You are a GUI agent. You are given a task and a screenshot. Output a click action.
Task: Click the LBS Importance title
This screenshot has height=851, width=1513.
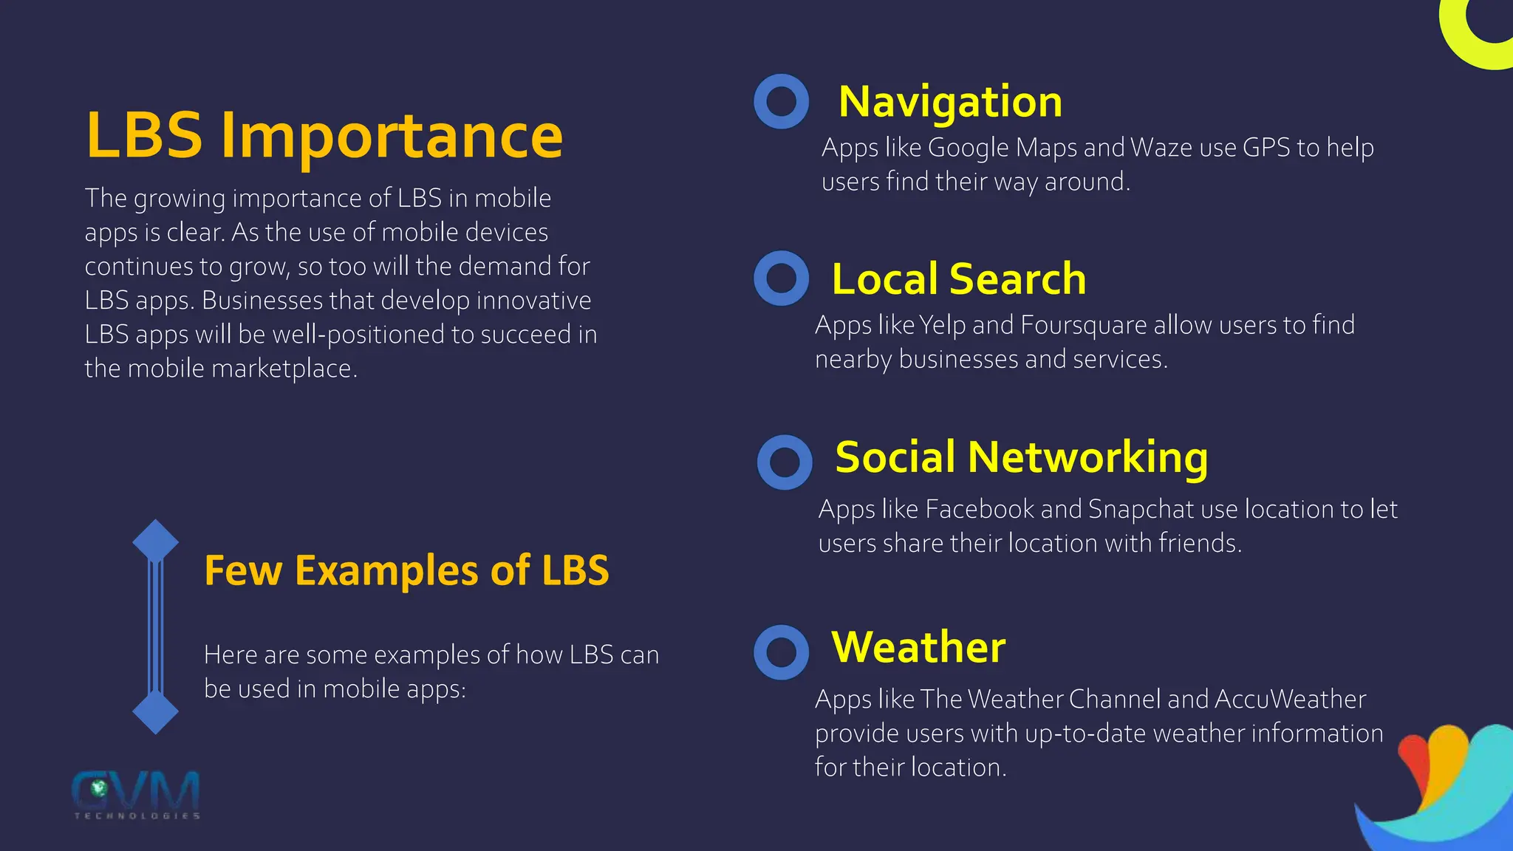324,135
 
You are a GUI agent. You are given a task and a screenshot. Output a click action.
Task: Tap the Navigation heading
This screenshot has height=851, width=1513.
950,102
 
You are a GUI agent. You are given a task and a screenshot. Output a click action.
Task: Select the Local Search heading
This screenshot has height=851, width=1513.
959,279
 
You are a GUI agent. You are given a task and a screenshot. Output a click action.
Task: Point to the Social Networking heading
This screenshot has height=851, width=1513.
1022,457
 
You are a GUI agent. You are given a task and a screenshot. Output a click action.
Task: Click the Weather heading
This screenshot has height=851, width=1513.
918,647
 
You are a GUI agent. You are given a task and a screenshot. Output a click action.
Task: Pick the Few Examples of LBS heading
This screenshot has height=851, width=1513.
406,570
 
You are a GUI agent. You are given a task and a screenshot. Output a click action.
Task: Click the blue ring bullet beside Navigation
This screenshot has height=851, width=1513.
781,101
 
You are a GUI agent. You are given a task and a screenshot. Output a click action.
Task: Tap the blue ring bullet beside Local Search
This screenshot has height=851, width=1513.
781,278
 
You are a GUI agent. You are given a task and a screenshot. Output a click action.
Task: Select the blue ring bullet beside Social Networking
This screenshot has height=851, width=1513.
785,462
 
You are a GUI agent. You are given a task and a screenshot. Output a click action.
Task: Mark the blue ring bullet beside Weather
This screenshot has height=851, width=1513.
781,652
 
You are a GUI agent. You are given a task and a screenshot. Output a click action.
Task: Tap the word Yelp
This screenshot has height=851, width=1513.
942,325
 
